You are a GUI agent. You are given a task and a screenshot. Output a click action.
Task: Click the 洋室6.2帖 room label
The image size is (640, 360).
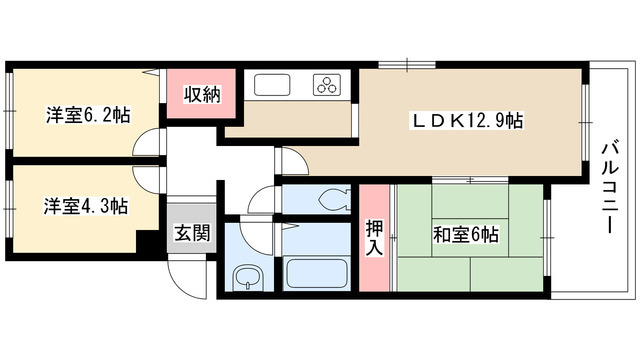(x=88, y=115)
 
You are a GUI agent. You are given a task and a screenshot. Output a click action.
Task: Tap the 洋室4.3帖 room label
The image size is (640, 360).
(x=86, y=206)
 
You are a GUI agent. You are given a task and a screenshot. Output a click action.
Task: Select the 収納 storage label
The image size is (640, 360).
(x=202, y=94)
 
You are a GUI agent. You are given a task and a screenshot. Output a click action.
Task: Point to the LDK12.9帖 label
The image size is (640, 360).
(x=467, y=120)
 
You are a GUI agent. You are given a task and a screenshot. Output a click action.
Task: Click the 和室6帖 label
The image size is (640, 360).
(x=466, y=235)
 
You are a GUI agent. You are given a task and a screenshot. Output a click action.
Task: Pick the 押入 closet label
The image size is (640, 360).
(x=374, y=238)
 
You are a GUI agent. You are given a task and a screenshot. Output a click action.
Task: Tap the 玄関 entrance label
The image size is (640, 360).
(x=192, y=233)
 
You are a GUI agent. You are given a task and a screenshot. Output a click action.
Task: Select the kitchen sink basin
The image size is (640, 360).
(x=272, y=85)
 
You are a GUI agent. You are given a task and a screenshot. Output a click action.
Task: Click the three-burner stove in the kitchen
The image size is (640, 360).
(x=327, y=85)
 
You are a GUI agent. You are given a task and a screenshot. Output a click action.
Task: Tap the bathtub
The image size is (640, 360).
(x=317, y=273)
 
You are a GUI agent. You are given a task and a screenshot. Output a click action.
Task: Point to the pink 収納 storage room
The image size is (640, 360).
(x=201, y=94)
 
